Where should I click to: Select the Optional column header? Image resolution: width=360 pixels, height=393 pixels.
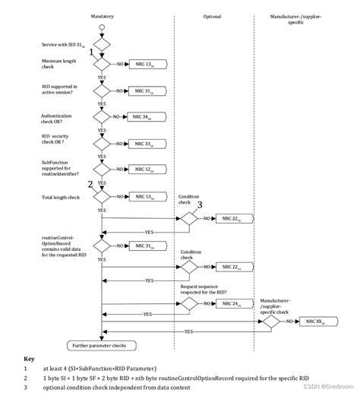pyautogui.click(x=212, y=15)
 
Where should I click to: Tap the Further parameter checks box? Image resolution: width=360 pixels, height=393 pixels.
pyautogui.click(x=100, y=345)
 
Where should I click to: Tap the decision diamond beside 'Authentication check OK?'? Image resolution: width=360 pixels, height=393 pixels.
pyautogui.click(x=101, y=117)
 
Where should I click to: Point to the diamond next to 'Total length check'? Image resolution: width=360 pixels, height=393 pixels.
pyautogui.click(x=101, y=196)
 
